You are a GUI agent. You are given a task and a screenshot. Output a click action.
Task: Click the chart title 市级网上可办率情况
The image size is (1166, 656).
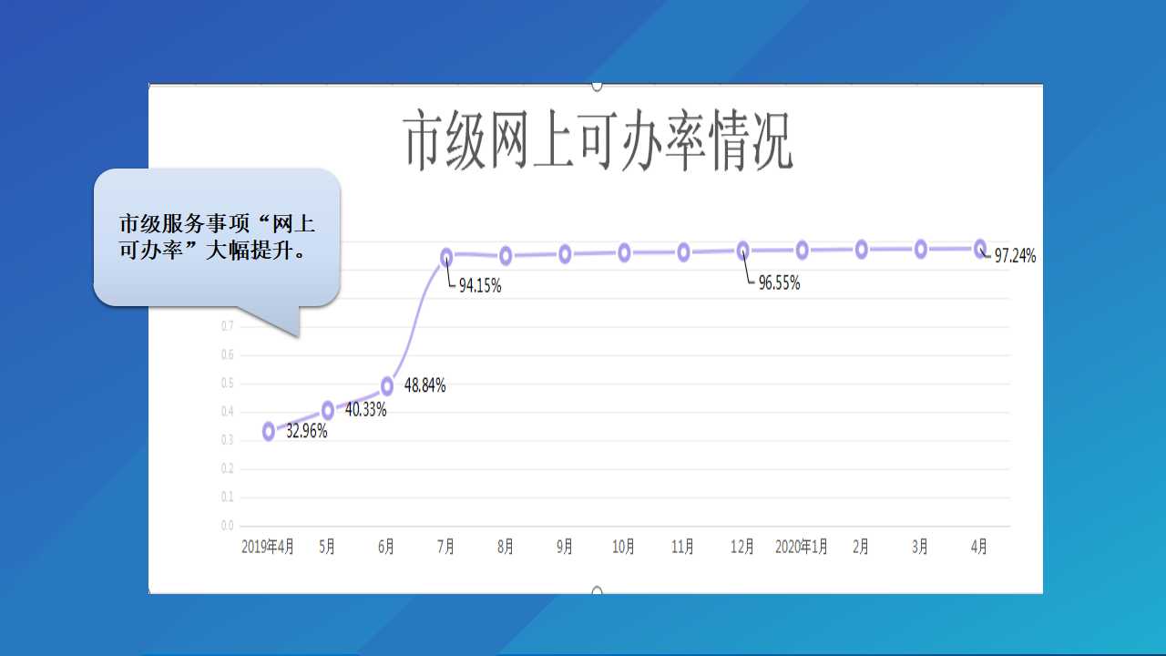click(x=598, y=140)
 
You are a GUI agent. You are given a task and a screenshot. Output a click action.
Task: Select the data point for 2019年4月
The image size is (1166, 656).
click(x=269, y=431)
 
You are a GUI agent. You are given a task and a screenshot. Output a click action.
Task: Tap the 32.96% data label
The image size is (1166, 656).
click(x=307, y=432)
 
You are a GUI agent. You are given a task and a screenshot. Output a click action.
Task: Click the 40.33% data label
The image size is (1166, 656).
click(x=366, y=410)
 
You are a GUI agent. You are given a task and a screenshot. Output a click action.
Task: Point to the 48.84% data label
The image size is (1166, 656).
click(x=424, y=385)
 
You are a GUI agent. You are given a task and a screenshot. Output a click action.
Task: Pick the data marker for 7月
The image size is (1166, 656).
click(x=446, y=257)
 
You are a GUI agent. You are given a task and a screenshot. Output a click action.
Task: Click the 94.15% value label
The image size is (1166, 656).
click(x=480, y=286)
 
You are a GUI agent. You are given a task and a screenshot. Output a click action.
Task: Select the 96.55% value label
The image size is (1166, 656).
click(x=779, y=283)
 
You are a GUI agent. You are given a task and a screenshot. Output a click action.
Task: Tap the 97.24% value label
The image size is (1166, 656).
click(x=1015, y=256)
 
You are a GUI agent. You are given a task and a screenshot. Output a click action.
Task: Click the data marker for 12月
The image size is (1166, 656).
click(x=742, y=251)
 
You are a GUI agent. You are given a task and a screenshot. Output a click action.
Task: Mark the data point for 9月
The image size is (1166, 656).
click(x=565, y=254)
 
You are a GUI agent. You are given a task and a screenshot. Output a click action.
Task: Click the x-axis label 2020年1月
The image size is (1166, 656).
click(x=802, y=547)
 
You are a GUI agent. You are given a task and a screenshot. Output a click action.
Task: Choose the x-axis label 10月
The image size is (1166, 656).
click(x=624, y=547)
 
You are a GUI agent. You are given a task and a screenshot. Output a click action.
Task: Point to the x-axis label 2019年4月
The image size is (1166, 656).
click(x=268, y=547)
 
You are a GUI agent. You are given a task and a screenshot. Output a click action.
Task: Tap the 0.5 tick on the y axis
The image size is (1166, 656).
click(x=228, y=384)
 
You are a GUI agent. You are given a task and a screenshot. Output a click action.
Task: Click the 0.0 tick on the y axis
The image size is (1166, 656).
click(x=228, y=526)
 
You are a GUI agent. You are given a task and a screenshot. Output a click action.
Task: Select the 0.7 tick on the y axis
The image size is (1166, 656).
click(x=228, y=326)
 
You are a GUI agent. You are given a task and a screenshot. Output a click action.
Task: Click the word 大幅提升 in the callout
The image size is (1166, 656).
click(x=250, y=251)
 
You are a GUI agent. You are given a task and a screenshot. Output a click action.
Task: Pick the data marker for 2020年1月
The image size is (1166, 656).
click(x=803, y=251)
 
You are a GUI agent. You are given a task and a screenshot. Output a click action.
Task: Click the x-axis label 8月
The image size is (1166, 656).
click(x=505, y=547)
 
